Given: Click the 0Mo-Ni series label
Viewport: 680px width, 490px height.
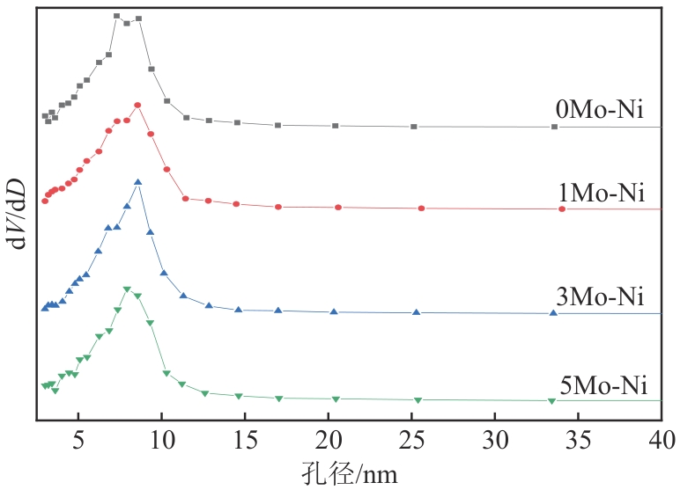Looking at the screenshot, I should (601, 111).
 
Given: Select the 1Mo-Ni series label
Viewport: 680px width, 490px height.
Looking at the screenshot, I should (601, 194).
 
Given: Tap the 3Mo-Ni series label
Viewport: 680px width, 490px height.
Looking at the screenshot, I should (601, 296).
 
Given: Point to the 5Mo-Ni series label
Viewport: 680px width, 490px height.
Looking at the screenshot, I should (603, 385).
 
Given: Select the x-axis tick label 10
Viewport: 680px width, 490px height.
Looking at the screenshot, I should (161, 438).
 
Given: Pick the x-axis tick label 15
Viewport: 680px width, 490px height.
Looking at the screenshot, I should (245, 438).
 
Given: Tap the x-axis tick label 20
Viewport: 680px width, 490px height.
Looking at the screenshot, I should (329, 438).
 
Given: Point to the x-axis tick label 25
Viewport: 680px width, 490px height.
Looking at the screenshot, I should (411, 438).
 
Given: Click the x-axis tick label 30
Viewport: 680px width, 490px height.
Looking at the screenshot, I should (495, 438).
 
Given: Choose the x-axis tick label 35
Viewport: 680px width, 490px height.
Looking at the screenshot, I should (578, 438).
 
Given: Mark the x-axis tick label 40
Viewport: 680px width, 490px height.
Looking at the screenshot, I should (661, 438).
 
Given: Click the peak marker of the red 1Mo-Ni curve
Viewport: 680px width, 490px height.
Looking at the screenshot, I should (137, 106).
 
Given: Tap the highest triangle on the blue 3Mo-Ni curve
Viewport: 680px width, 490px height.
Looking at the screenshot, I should (137, 182).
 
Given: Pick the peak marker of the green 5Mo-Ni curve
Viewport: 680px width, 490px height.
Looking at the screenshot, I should (128, 289).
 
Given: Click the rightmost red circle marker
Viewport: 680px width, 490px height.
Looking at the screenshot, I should (562, 209).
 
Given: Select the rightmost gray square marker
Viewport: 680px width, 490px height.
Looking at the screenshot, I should (554, 127).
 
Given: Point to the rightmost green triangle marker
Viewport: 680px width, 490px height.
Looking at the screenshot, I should (552, 401).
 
